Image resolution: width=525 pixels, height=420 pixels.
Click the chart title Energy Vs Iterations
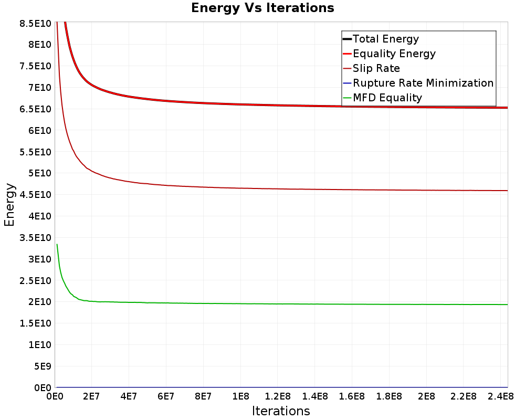point(262,8)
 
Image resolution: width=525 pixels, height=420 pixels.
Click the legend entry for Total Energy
point(386,39)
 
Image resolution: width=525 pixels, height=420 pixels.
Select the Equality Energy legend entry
point(394,54)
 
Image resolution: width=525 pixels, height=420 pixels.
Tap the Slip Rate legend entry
point(376,68)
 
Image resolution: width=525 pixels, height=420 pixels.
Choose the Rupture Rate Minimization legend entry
point(423,83)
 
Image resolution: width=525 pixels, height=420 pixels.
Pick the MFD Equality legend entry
point(387,98)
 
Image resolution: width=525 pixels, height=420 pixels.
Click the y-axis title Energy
point(9,205)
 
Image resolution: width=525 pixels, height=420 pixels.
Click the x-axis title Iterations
point(281,411)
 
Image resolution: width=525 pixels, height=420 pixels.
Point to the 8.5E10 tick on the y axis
point(35,23)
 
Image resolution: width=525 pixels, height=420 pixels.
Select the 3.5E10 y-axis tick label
point(35,237)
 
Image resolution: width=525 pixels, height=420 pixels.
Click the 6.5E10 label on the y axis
point(35,109)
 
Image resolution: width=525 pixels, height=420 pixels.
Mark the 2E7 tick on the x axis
point(91,396)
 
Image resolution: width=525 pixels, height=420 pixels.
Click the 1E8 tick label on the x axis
point(240,396)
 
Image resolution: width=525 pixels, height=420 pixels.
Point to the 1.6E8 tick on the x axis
point(352,396)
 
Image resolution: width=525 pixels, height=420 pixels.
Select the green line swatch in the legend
point(346,98)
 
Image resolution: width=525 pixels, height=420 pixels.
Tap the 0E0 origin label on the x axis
point(55,396)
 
